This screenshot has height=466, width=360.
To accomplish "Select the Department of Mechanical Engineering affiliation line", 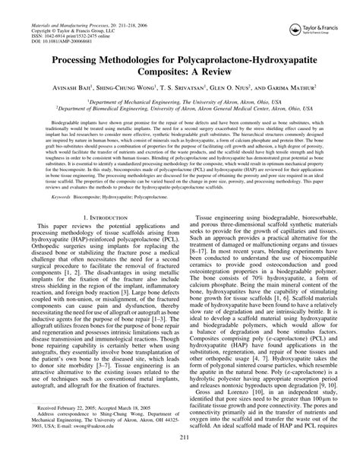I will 180,101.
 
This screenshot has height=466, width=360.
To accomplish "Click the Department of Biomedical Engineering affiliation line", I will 180,110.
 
